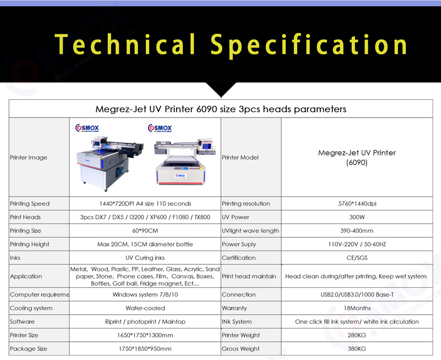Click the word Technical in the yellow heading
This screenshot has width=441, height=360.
pos(125,44)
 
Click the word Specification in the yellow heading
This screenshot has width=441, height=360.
pos(308,45)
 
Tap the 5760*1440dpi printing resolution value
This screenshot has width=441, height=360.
pos(357,204)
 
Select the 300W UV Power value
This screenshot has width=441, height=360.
pos(357,217)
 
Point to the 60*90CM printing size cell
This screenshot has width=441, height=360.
pos(145,231)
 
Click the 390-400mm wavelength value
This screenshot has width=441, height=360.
pos(357,231)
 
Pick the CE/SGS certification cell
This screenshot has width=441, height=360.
pos(357,257)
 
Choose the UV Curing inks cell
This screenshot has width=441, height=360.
pos(145,257)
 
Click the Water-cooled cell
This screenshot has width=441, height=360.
pos(145,308)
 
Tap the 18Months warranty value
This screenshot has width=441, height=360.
pos(357,308)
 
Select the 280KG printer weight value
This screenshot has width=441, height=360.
pos(357,335)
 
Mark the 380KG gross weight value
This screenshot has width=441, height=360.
pos(357,349)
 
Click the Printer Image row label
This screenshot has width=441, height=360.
pos(28,158)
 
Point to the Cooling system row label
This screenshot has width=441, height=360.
pos(31,308)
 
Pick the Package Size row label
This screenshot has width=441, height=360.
pos(28,349)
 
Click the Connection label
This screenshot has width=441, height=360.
pos(239,294)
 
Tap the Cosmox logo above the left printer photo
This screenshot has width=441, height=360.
pos(87,128)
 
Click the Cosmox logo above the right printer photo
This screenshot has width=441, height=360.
pos(160,128)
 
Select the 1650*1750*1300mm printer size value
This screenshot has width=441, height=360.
pos(145,335)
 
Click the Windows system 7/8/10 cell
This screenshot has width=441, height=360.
pos(145,294)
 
